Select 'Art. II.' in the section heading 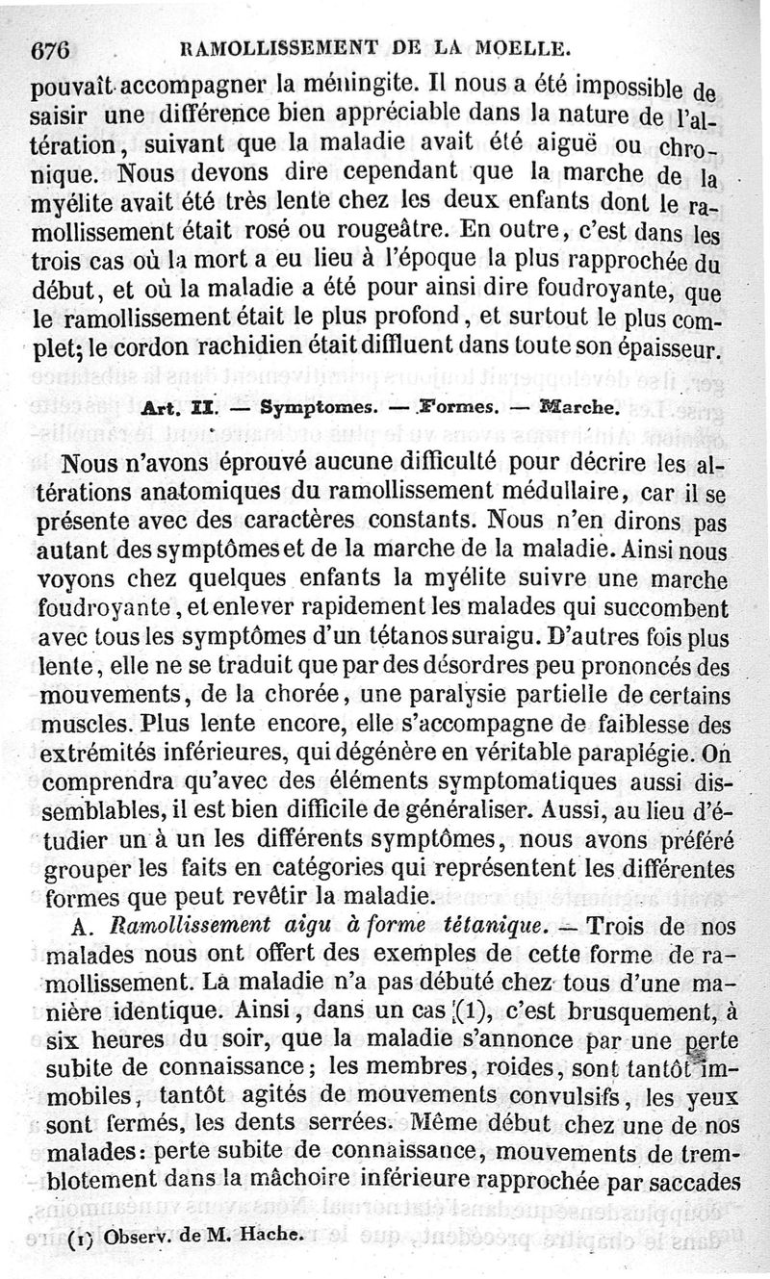(169, 407)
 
